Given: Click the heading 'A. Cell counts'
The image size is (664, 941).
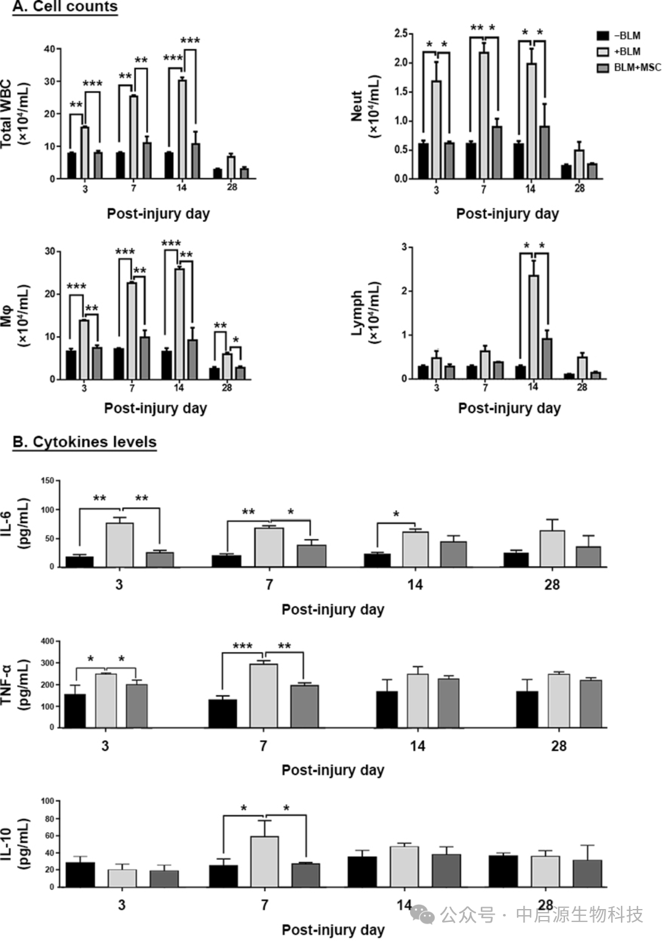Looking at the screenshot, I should pos(65,7).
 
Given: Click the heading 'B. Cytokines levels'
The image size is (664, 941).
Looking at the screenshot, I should pos(84,442).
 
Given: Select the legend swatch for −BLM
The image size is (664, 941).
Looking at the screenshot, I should pos(603,36).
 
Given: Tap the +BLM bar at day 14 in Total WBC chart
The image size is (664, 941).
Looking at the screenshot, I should pos(182,129).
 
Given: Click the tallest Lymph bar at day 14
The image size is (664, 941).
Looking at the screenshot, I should pos(534,326).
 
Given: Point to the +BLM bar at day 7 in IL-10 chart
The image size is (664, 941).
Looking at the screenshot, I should pos(264,861).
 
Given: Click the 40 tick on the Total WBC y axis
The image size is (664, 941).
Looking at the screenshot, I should pos(49,49).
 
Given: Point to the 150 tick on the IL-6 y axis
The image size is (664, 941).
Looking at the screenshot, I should pos(47,481).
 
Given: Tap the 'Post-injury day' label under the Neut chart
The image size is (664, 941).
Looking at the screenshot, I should pos(507,214).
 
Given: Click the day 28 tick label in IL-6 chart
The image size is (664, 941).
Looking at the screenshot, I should pos(551,585).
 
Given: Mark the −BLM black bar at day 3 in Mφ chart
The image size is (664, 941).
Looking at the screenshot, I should pos(71,364).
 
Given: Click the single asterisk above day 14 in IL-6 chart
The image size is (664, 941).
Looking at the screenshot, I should pos(396,514).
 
